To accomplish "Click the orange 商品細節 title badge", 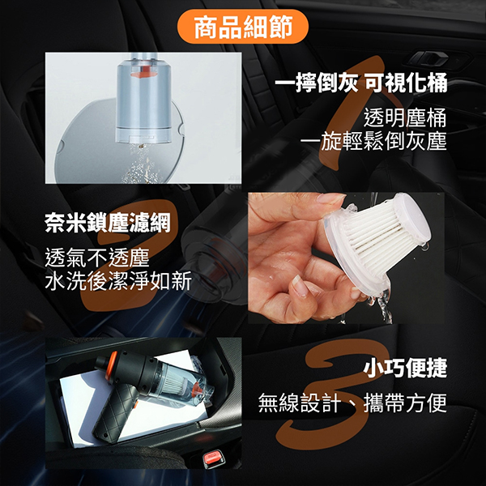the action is pos(243,27).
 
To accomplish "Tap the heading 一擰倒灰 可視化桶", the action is pos(361,83).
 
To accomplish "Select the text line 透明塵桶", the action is pos(405,117).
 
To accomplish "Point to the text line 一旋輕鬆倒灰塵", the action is pos(373,141).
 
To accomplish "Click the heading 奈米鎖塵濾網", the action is pos(108,223).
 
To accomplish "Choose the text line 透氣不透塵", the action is pos(97,258).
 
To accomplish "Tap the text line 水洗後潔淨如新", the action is pos(118,281).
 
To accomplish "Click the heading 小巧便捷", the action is pos(405,368).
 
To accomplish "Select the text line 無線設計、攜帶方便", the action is pos(352,403).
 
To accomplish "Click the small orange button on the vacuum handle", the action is pos(136,405).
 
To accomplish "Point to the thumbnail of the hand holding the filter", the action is pos(346,258).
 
